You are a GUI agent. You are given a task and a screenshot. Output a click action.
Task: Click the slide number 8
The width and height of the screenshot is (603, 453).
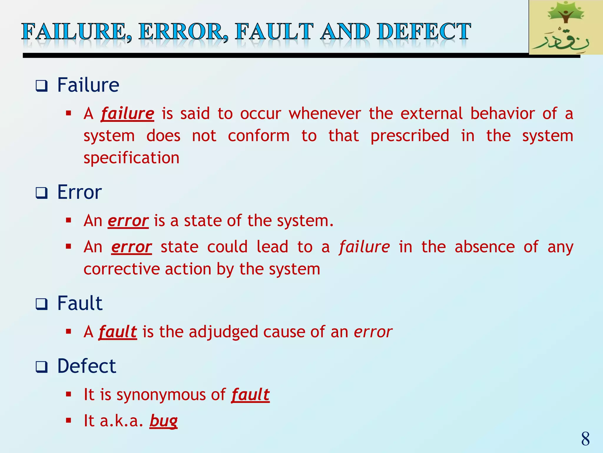click(585, 439)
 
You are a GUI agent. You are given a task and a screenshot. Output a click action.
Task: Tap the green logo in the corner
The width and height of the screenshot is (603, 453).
click(565, 28)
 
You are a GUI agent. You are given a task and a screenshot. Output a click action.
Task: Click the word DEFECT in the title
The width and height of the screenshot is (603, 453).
click(424, 32)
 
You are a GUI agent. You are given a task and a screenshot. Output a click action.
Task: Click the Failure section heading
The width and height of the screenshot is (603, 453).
click(88, 85)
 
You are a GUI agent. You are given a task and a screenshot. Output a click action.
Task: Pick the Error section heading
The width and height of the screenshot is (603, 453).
click(79, 192)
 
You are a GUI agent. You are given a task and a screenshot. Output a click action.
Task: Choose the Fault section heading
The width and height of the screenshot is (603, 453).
click(80, 303)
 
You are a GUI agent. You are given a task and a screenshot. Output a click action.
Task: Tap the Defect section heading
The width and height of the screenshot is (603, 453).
click(87, 366)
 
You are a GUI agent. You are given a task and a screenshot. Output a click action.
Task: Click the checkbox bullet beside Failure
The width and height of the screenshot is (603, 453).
click(42, 86)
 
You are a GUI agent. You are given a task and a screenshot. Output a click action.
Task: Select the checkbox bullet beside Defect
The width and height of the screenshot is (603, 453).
click(42, 367)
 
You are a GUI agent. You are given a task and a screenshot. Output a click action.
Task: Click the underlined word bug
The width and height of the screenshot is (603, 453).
click(163, 421)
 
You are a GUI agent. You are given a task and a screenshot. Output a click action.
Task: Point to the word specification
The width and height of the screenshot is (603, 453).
click(131, 158)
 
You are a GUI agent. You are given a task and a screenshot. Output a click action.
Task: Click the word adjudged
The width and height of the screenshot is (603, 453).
click(223, 332)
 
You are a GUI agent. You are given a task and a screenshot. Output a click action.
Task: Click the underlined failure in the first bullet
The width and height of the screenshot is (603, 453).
click(127, 114)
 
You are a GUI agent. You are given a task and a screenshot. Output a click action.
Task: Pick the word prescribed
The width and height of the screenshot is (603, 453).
click(410, 136)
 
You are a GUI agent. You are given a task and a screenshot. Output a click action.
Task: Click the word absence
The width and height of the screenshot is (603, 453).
click(485, 247)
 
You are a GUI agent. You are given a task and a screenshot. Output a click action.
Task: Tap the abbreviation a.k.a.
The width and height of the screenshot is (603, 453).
click(121, 421)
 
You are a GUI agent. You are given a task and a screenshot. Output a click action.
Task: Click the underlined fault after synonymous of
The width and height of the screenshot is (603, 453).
click(250, 395)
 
